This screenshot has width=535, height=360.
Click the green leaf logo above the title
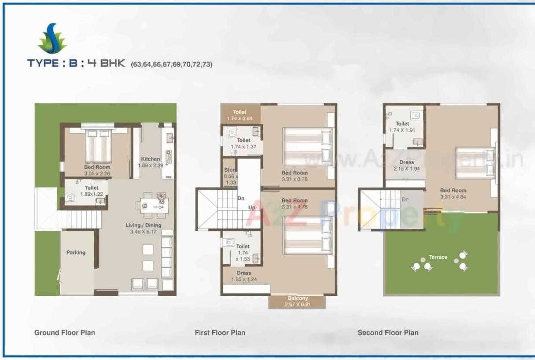point(52,39)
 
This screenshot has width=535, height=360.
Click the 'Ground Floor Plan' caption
point(65,333)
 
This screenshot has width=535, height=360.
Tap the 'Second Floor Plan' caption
point(388,333)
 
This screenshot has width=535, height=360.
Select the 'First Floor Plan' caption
point(220,333)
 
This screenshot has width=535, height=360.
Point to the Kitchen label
point(151,159)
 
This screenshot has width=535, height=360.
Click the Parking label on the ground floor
point(76,253)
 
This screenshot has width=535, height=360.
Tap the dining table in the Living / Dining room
point(154,205)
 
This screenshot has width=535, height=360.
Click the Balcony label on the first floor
point(298,298)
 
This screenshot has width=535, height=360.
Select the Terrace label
point(438,257)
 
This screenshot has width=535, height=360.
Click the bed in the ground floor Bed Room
point(98,146)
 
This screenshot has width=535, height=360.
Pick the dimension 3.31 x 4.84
point(453,197)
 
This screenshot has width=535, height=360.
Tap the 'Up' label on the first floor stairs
point(252,207)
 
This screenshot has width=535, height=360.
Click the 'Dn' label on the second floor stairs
point(405,199)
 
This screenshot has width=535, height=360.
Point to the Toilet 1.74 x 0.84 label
point(240,116)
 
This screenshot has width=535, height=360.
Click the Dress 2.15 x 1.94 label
point(406,165)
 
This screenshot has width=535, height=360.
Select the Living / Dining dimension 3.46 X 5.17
point(144,231)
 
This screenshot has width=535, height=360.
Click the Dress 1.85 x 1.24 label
point(244,276)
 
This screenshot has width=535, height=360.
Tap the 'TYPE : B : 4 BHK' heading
point(76,63)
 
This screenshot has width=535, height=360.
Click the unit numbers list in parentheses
point(171,64)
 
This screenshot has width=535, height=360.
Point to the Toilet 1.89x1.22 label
point(92,191)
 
